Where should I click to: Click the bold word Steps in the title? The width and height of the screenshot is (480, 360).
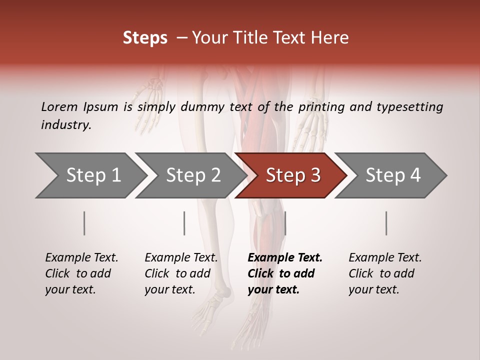(145, 38)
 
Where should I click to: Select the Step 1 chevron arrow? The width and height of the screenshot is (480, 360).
(90, 175)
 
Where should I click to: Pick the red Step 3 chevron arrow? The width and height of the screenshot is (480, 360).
(291, 175)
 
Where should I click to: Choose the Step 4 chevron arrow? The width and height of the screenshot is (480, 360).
(391, 175)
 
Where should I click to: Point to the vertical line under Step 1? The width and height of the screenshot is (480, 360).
(84, 223)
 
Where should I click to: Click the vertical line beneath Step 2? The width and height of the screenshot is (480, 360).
(184, 223)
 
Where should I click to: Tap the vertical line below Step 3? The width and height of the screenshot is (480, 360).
(285, 223)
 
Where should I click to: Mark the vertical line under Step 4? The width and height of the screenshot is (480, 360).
(386, 223)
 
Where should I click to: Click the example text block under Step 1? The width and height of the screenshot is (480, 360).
(81, 273)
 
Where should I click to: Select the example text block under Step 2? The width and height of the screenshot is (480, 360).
(181, 273)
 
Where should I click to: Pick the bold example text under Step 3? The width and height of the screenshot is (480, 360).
(284, 273)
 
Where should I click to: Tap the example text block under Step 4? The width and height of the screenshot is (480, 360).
(385, 273)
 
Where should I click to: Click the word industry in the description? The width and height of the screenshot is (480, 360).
(65, 125)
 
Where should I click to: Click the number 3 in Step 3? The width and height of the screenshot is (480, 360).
(314, 175)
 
